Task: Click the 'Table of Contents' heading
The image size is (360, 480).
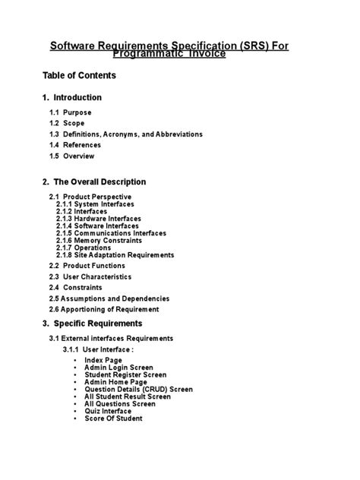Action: coord(79,76)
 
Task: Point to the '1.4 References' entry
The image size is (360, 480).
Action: coord(76,145)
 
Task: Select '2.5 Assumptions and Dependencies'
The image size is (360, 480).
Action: coord(109,298)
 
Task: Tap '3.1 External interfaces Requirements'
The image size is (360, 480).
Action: coord(111,338)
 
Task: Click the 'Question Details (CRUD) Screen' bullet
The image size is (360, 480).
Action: coord(138,389)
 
